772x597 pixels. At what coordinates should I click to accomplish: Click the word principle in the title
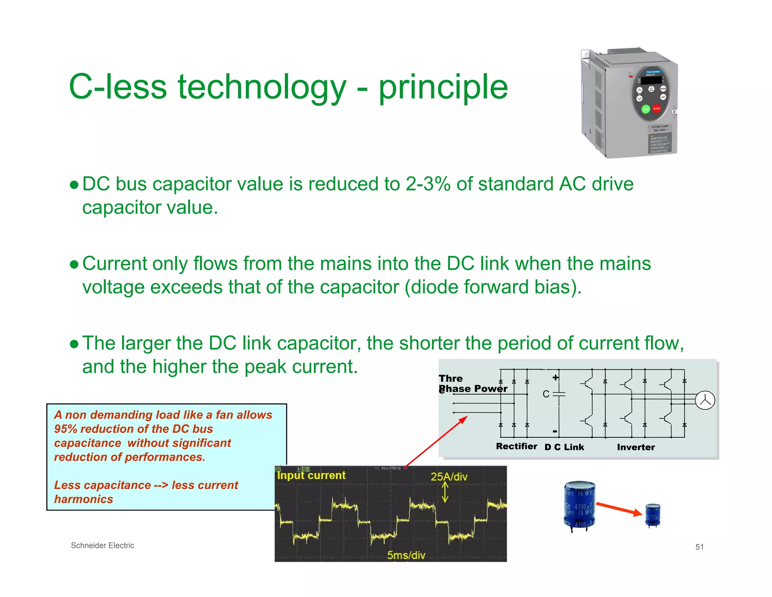coord(443,88)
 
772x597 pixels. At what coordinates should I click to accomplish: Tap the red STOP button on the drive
coord(656,109)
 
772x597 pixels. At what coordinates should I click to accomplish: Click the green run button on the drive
coord(646,109)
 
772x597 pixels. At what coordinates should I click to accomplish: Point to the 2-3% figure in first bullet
coord(428,184)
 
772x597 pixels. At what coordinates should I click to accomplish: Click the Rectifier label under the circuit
coord(516,446)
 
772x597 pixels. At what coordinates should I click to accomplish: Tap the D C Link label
coord(564,447)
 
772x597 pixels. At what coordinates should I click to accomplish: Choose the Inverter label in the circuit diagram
coord(636,447)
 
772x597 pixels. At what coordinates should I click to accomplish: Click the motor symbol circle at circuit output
coord(705,400)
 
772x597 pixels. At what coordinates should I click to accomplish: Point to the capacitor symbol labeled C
coord(558,394)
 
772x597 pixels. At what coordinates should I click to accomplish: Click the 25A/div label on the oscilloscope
coord(449,477)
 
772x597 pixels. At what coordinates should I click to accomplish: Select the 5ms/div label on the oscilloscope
coord(406,555)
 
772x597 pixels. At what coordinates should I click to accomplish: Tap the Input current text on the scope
coord(311,475)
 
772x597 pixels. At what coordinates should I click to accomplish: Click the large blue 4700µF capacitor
coord(579,505)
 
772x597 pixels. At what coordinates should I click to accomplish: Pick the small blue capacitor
coord(653,515)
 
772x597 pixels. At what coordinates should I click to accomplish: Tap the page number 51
coord(699,547)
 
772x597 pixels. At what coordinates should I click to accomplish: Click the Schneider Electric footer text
coord(103,545)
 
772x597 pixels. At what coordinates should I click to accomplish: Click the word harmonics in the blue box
coord(84,499)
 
